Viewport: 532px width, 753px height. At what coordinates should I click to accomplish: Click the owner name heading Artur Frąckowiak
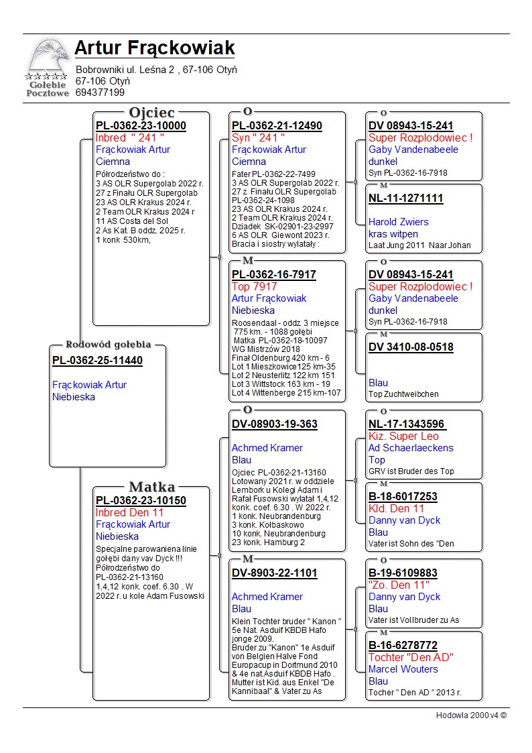(155, 48)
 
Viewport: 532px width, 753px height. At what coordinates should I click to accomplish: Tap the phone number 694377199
(100, 93)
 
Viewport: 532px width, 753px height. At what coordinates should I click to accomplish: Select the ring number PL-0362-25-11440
(97, 361)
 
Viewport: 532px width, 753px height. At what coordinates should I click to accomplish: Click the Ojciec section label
(151, 113)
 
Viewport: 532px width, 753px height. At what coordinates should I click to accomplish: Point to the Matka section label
(151, 487)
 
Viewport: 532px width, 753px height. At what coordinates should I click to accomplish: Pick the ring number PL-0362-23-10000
(141, 126)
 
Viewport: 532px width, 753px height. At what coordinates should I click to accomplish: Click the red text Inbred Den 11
(129, 513)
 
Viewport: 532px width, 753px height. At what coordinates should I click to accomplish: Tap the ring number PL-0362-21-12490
(277, 126)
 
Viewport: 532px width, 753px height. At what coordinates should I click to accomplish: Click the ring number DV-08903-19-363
(275, 424)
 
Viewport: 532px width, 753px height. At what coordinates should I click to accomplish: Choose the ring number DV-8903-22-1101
(275, 573)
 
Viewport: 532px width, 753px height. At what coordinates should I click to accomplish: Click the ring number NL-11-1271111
(405, 198)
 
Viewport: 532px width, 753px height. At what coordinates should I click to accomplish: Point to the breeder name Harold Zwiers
(399, 222)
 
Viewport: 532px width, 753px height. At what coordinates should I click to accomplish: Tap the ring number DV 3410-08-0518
(411, 347)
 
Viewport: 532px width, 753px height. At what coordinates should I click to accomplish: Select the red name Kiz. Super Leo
(403, 437)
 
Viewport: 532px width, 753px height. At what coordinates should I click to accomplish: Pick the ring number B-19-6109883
(403, 573)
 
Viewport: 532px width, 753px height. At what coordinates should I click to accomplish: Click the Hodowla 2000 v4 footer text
(471, 715)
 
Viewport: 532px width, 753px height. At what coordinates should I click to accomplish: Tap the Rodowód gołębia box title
(108, 345)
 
